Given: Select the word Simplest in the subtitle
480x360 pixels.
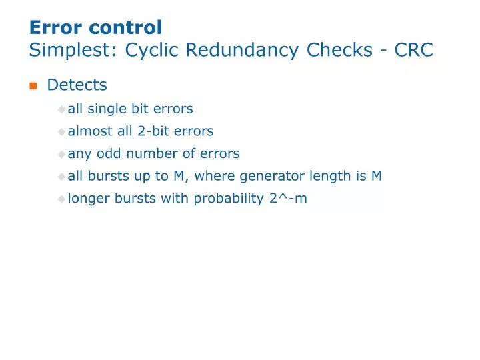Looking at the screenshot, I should (71, 50).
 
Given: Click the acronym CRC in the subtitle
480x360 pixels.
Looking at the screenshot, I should (413, 50).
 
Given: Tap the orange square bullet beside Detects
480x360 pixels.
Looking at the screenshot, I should (33, 86).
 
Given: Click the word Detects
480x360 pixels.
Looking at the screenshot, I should (77, 85).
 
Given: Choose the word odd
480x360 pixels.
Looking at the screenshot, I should (105, 154).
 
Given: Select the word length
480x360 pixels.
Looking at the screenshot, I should (325, 177).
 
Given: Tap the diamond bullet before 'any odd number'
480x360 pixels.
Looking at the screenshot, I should (62, 154).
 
